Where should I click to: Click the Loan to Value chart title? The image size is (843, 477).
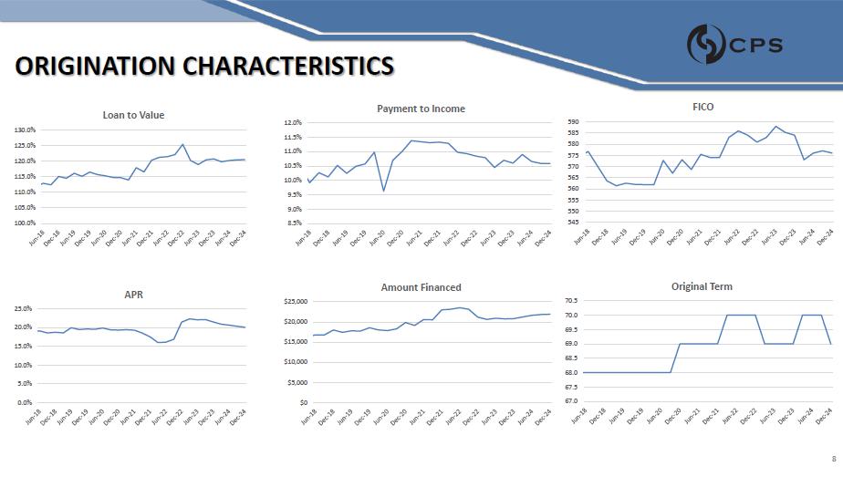click(x=133, y=115)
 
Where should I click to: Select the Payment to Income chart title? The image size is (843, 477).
click(x=421, y=109)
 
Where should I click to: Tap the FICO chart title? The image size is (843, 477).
click(x=702, y=107)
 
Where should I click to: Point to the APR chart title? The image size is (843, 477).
click(x=133, y=295)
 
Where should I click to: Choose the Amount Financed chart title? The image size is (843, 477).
click(x=421, y=287)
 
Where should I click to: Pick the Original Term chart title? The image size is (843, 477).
click(x=702, y=286)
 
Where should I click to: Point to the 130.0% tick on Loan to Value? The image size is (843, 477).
click(x=25, y=130)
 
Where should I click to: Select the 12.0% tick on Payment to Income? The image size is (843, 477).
click(x=293, y=122)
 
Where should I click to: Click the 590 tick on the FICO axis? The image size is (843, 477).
click(x=573, y=121)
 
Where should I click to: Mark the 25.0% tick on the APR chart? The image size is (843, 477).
click(x=23, y=309)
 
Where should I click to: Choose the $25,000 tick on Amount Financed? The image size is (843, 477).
click(x=295, y=301)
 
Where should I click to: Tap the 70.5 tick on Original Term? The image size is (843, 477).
click(x=572, y=301)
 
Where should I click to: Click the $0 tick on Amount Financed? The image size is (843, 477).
click(x=302, y=402)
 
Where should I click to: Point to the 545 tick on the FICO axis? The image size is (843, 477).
click(x=573, y=222)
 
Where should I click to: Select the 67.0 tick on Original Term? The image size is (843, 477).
click(x=572, y=401)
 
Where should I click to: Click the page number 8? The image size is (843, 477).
click(x=833, y=459)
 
